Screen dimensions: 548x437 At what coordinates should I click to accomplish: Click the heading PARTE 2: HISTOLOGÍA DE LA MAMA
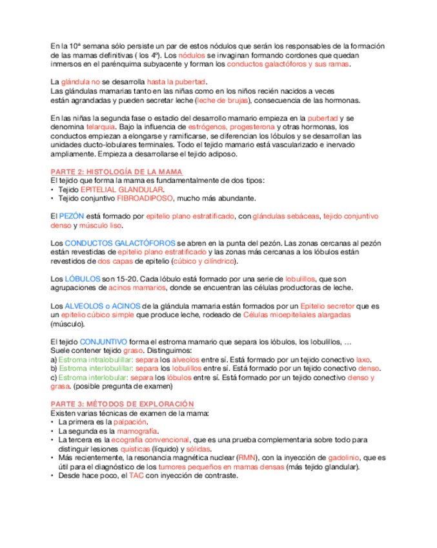tap(116, 171)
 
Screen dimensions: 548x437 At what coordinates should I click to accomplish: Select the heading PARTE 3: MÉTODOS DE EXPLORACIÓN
tap(122, 403)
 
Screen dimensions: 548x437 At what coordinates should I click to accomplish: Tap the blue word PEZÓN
tap(72, 216)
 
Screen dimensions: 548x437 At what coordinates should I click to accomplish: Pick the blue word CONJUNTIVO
tap(103, 341)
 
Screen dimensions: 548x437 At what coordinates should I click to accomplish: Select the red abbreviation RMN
tap(246, 458)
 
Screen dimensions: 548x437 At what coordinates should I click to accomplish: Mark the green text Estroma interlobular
tap(94, 377)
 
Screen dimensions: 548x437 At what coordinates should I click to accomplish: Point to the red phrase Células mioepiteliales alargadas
tap(297, 314)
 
